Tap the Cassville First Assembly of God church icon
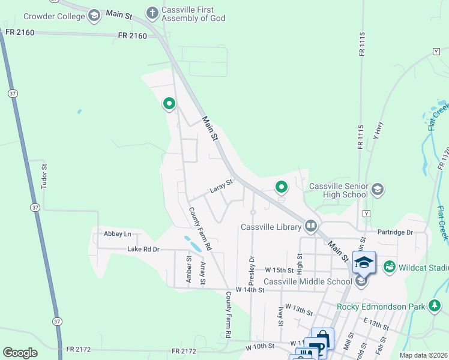coord(152,12)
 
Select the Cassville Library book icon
coord(310,226)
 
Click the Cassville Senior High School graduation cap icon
coord(377,190)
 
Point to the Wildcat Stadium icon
coord(389,266)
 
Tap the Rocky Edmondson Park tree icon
coord(435,307)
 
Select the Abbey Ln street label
coord(117,233)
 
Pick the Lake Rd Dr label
coord(143,249)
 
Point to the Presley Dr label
coord(252,270)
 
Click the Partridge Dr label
coord(396,232)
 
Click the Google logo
coord(20,353)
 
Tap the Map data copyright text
coord(424,355)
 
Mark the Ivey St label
coord(281,315)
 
